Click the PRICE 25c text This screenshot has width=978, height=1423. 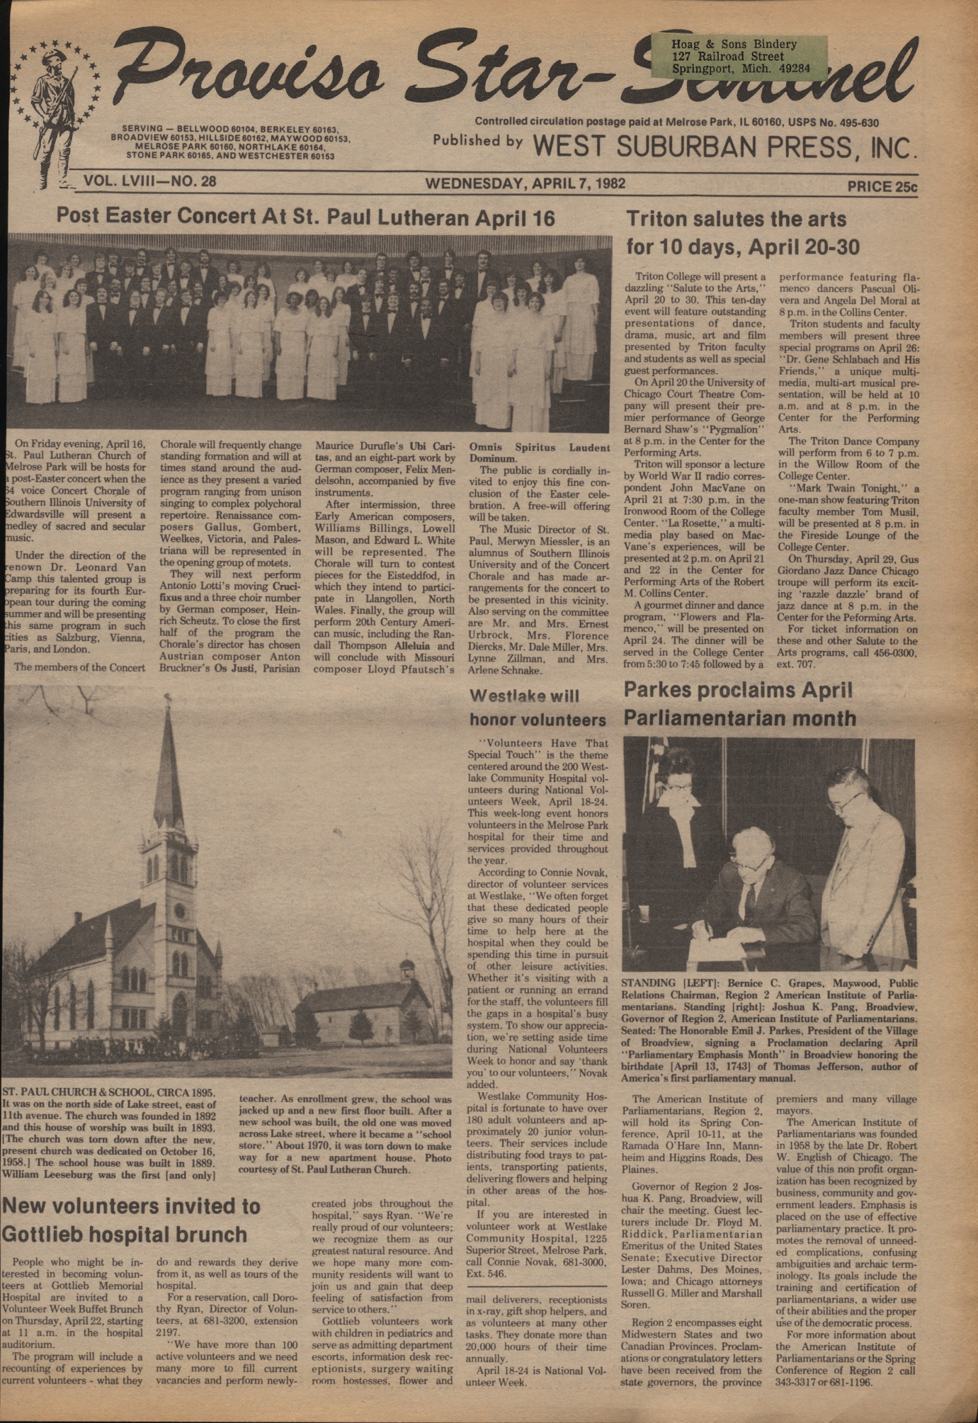click(882, 187)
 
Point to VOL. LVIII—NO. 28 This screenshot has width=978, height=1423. click(149, 181)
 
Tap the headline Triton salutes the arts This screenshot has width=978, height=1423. click(737, 220)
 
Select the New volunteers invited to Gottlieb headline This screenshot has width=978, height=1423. click(132, 1220)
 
